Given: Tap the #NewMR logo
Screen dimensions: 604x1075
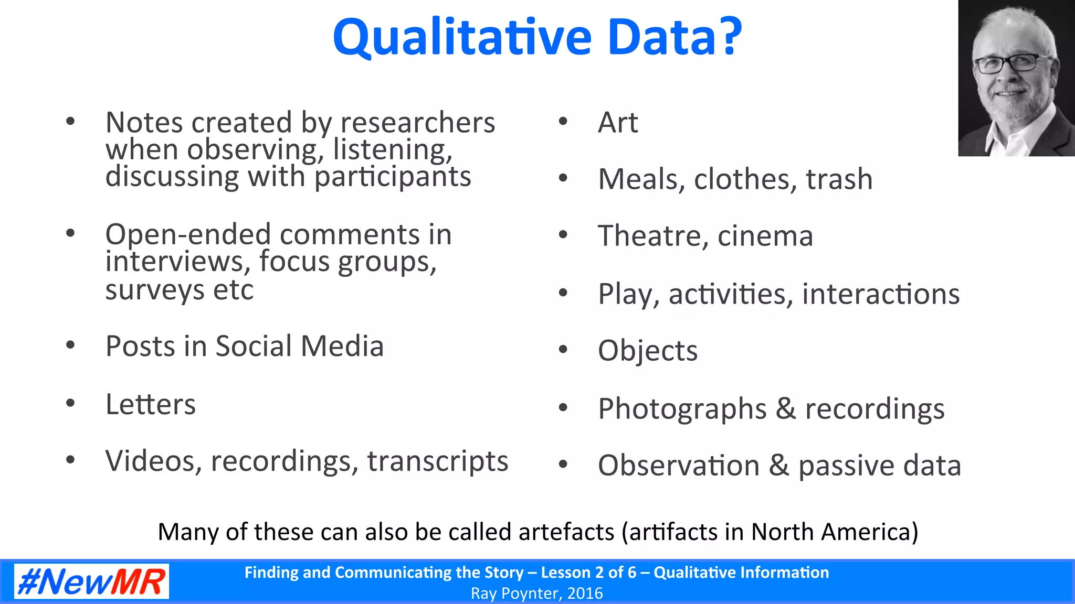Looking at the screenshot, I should coord(91,581).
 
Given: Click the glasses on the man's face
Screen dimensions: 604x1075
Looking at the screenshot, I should coord(1006,64).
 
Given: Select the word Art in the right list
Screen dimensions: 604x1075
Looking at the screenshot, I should coord(618,123).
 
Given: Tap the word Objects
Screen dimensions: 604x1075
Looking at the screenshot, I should coord(648,351).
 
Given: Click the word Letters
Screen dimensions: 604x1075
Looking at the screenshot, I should coord(151,405).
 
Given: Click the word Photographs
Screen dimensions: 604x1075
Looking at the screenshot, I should coord(682,409).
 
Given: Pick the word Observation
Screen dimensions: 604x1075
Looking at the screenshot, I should coord(678,466).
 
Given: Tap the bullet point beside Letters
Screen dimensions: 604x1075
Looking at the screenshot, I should coord(70,403).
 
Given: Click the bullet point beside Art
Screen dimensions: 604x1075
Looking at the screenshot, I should coord(563,122).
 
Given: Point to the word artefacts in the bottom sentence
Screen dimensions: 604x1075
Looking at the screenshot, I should coord(566,532).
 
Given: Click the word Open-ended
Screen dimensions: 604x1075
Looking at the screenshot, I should coord(187,234).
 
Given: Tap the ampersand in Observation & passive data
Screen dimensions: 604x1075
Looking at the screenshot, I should coord(779,466).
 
